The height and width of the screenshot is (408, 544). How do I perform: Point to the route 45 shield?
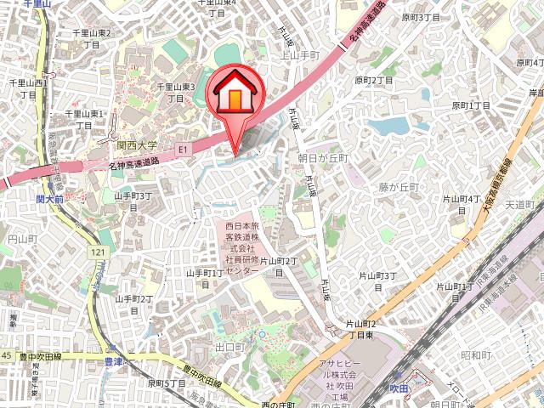point(6,354)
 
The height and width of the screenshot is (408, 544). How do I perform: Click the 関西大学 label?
point(137,146)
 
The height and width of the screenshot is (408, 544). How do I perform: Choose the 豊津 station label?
point(113,362)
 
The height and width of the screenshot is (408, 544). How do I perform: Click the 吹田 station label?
point(399,388)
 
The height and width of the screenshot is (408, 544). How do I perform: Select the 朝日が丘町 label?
point(323,158)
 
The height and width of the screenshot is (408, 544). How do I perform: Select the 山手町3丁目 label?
point(133,201)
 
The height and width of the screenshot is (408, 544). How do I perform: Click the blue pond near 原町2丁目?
point(389,127)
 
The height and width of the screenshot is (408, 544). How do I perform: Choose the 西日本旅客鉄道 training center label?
point(241,247)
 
